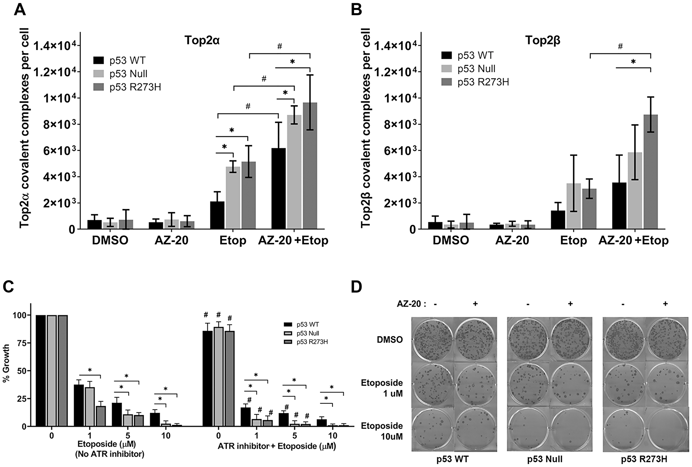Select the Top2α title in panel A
[x=202, y=40]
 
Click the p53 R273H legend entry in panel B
[x=483, y=82]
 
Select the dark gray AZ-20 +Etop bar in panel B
[x=650, y=172]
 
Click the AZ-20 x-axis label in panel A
[x=171, y=241]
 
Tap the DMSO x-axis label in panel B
[x=450, y=241]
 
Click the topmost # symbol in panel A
[x=280, y=46]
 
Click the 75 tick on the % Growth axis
[x=21, y=343]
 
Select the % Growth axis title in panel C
[x=6, y=367]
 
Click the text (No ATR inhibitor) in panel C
[x=109, y=454]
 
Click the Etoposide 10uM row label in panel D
[x=382, y=431]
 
